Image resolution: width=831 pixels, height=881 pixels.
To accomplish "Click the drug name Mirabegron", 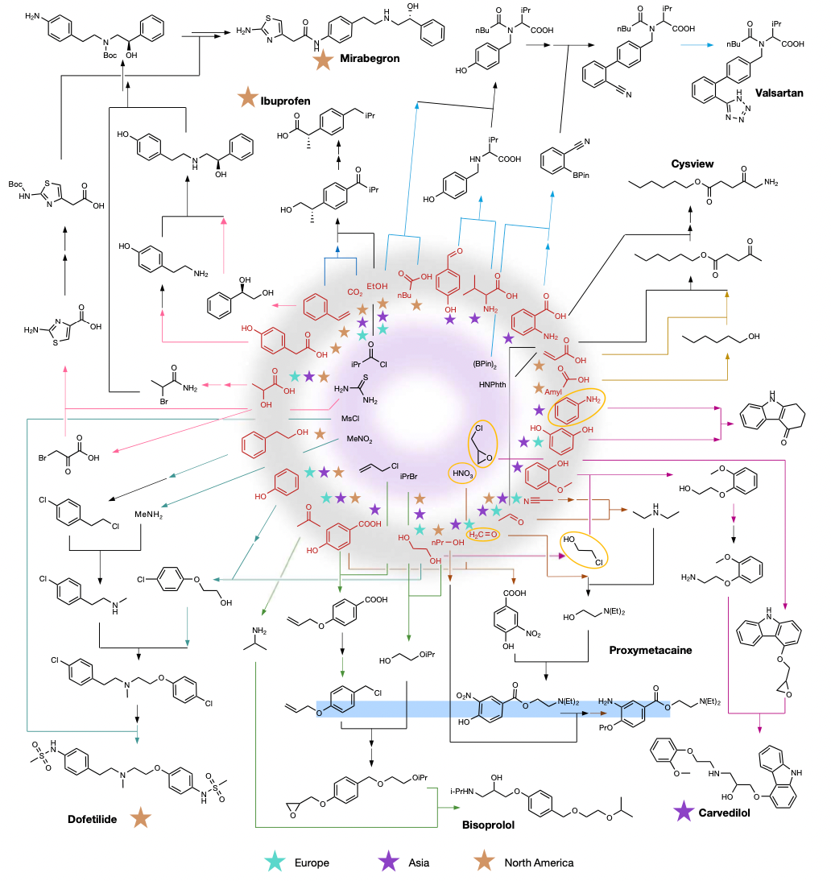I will [x=370, y=59].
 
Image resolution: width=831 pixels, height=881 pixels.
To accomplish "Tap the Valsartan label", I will [x=778, y=93].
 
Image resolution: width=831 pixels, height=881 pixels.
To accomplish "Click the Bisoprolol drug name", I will [x=488, y=824].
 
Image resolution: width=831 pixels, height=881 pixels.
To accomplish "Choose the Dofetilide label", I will [x=93, y=820].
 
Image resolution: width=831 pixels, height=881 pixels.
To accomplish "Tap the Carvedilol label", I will [x=724, y=813].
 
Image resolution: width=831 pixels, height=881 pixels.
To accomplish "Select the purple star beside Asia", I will [x=390, y=862].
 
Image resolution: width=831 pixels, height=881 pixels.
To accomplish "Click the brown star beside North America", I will [x=486, y=862].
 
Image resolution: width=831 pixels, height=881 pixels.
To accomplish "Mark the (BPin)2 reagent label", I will [x=486, y=363].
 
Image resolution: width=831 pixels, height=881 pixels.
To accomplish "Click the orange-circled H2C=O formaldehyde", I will [x=485, y=533].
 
